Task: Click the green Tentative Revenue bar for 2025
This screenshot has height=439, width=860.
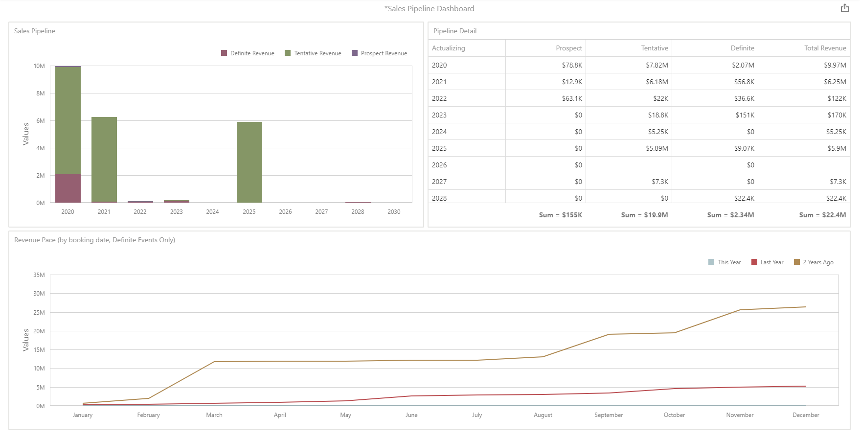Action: (x=249, y=162)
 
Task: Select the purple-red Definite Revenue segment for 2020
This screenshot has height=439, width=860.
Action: (x=68, y=188)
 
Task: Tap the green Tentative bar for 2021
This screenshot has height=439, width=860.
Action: (x=104, y=159)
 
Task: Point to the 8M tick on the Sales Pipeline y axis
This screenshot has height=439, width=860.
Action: (x=41, y=93)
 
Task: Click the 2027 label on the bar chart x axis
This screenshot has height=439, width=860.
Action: (x=321, y=212)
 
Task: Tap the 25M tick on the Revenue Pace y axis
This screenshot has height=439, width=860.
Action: (x=39, y=313)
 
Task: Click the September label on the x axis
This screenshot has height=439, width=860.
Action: (x=609, y=415)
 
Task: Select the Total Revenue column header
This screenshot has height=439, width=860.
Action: (x=825, y=48)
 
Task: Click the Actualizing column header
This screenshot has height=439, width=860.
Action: (x=449, y=48)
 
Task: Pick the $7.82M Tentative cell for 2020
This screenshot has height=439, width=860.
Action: (x=656, y=65)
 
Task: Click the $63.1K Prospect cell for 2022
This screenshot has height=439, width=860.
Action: (x=572, y=98)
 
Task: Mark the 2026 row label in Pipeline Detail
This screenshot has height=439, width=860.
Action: (x=439, y=165)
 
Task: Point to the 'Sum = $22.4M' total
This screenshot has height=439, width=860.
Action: (x=822, y=215)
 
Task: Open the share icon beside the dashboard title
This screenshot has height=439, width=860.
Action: (x=845, y=8)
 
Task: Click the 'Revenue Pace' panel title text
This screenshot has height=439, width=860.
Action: (x=94, y=240)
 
